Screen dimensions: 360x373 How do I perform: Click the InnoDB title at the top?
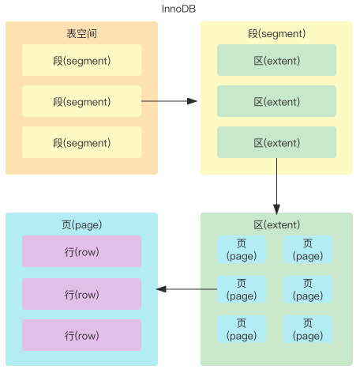(178, 9)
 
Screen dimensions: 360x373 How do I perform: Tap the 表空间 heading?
(81, 33)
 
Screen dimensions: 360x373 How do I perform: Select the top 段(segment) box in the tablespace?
(81, 60)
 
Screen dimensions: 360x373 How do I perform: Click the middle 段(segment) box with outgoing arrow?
(81, 101)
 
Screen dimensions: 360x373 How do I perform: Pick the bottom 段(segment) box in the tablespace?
(81, 142)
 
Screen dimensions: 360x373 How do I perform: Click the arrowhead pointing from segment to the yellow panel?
(192, 101)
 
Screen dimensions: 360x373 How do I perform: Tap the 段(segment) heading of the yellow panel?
(276, 33)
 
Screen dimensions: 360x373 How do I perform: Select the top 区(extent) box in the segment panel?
(276, 60)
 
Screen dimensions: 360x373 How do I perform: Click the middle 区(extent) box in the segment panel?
(276, 101)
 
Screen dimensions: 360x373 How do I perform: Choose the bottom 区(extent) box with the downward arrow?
(276, 142)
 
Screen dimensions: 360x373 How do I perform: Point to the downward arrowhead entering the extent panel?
(276, 209)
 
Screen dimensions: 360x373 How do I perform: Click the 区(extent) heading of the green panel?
(276, 224)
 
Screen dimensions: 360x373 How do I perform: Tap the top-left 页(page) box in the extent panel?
(242, 250)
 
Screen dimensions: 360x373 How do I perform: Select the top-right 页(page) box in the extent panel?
(308, 250)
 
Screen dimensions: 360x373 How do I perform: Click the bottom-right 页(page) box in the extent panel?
(308, 329)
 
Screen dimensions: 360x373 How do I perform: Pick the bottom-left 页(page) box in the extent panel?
(242, 329)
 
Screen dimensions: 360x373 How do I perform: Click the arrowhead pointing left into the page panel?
(161, 289)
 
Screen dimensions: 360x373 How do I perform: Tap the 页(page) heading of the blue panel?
(81, 224)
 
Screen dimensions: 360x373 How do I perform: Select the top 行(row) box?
(81, 251)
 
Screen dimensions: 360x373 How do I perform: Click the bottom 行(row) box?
(81, 335)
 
